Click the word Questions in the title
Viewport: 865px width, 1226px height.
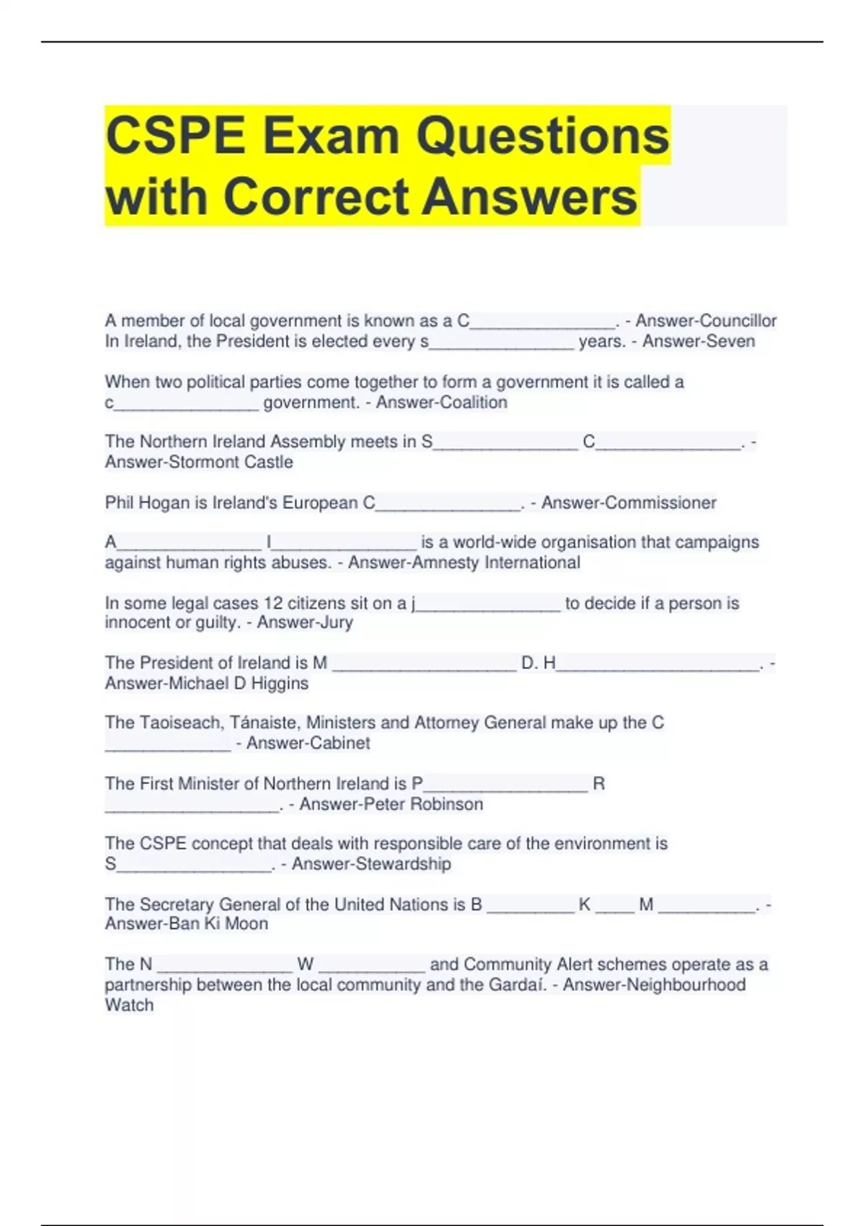[544, 136]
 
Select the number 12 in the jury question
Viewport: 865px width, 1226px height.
[273, 603]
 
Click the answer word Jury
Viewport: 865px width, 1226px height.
[335, 622]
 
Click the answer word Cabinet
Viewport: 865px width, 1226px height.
[339, 743]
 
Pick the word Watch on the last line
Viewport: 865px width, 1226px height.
[129, 1005]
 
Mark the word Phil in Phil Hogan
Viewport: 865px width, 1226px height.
[119, 503]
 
